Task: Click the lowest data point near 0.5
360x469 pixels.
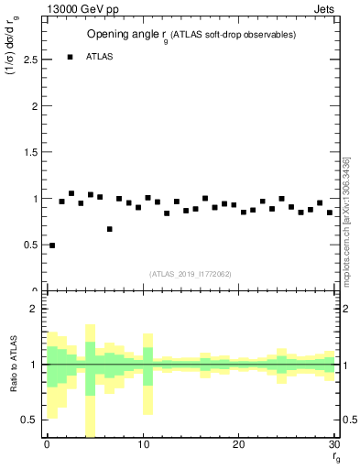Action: point(52,245)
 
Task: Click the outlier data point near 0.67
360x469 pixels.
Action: point(110,229)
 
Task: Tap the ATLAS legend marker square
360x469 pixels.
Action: point(70,57)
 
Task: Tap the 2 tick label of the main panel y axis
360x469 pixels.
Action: point(34,106)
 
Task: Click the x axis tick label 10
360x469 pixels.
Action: point(142,444)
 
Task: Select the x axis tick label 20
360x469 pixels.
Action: point(238,444)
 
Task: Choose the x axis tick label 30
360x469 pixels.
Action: point(333,444)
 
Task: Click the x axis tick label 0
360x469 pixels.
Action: point(47,444)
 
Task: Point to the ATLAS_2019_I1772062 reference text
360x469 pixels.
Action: point(191,273)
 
